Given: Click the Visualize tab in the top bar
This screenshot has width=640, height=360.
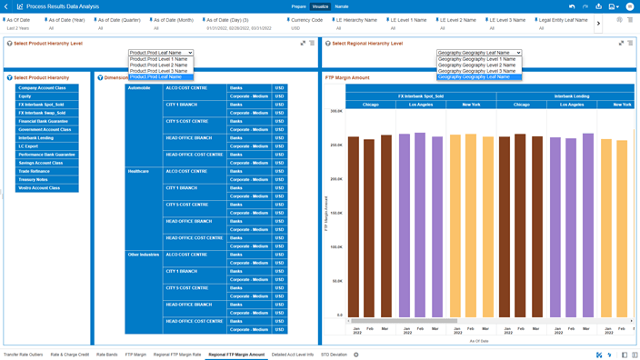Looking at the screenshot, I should (320, 6).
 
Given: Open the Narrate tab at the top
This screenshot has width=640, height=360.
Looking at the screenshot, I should (342, 6).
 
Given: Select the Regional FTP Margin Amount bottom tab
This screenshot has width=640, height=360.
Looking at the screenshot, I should (236, 355).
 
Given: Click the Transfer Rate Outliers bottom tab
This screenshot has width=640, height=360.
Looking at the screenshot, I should (23, 355).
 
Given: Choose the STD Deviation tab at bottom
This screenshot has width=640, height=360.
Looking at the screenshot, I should (334, 355).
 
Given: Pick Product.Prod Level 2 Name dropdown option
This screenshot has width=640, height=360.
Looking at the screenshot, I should (159, 65).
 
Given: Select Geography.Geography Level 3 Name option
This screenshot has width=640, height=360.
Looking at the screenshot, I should (476, 71).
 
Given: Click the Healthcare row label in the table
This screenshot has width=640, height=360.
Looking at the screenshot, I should (138, 171).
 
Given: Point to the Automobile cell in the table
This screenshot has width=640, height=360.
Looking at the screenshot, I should (139, 88).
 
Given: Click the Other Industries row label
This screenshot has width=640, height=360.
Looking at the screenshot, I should (144, 255).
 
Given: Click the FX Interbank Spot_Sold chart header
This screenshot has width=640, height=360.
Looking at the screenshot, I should (421, 95).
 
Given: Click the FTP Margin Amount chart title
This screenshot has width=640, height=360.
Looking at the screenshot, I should (348, 78).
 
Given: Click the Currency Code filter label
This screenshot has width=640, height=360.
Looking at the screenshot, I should (306, 20).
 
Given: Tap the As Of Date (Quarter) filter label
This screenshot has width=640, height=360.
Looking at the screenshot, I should (119, 20).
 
